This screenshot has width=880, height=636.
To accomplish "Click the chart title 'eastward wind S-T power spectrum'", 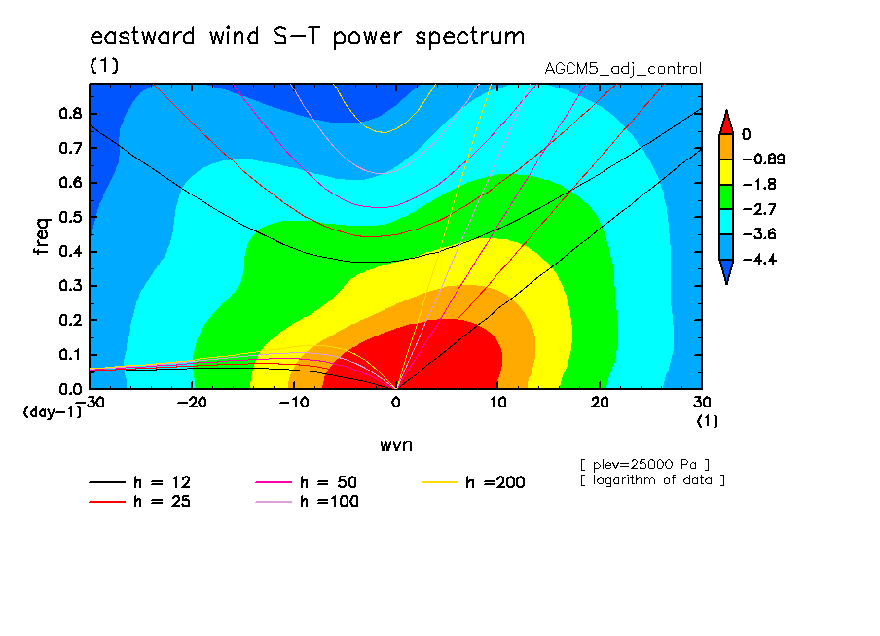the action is pos(307,37).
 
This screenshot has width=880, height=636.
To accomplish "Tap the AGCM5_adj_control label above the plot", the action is pos(623,69).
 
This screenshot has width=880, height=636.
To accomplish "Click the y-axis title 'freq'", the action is pos(42,236).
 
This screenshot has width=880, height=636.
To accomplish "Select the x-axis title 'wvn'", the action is pos(396,445).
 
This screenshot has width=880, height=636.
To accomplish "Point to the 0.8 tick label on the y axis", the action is pos(70,113).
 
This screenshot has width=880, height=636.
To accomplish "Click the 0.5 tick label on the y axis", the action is pos(70,217).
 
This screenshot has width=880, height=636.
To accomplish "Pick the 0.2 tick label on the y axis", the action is pos(70,320).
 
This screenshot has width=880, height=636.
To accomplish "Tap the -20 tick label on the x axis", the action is pos(192,403).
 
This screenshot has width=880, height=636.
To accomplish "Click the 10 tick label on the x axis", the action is pos(497,403).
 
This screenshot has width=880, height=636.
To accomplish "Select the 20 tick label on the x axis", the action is pos(600,403).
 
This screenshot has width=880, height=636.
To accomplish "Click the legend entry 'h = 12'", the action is pos(140,482).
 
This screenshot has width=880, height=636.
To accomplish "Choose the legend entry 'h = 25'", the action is pos(140,502).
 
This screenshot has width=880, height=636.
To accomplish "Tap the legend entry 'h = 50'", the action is pos(307,482).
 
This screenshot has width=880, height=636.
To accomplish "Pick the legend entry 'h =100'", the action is pos(307,502).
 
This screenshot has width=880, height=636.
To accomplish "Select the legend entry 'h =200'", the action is pos(474,482).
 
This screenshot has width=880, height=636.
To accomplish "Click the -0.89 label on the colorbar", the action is pos(764,159).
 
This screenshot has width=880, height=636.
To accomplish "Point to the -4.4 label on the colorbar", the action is pos(760,259).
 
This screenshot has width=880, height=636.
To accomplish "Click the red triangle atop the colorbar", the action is pos(726,123).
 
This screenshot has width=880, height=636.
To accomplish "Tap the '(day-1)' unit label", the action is pos(53,412).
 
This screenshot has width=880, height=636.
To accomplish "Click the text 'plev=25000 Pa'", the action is pos(644,465).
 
